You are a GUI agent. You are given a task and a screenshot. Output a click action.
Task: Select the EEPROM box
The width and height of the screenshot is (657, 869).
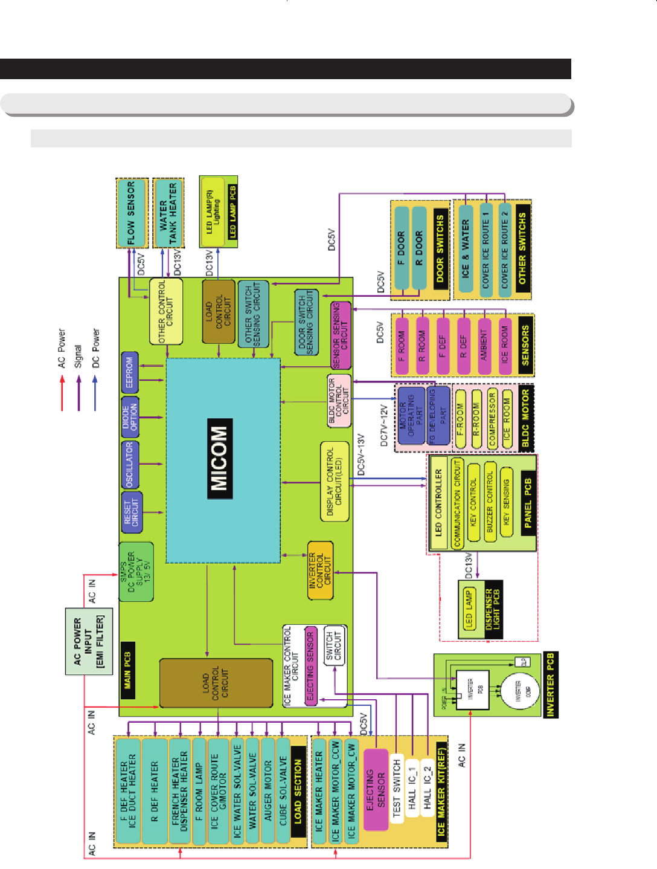click(130, 372)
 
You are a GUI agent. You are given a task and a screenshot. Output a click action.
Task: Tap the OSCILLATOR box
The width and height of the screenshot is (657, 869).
click(130, 464)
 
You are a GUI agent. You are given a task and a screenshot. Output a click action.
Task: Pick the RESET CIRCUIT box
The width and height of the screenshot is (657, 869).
click(132, 511)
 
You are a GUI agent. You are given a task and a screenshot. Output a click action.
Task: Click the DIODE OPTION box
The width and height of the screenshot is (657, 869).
click(130, 417)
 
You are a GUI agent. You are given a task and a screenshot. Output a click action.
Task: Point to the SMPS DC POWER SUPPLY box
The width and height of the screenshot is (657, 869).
click(136, 572)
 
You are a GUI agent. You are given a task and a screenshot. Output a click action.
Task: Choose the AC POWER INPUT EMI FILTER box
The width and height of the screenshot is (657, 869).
click(89, 641)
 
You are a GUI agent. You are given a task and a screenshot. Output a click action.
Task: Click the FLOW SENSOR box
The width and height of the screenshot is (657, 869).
click(132, 213)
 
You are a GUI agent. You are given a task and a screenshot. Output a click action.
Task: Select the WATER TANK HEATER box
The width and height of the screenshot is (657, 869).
click(168, 213)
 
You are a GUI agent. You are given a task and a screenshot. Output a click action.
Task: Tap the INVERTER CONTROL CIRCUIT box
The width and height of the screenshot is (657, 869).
click(320, 570)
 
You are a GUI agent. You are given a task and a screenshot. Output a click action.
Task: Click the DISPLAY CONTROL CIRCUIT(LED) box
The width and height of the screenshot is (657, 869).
click(335, 481)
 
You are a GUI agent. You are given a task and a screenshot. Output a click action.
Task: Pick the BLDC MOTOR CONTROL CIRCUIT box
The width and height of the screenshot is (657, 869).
click(339, 401)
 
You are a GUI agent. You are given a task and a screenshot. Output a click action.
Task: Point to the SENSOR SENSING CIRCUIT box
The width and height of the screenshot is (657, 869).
click(341, 335)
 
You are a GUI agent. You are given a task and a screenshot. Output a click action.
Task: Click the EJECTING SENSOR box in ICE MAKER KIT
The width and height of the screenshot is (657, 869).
click(376, 789)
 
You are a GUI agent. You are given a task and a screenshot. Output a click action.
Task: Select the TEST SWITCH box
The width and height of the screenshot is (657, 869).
click(397, 789)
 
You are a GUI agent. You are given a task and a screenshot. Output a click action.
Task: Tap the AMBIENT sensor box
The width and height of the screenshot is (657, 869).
click(484, 344)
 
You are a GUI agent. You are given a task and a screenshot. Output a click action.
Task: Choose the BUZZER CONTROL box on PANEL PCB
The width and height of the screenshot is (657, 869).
click(490, 502)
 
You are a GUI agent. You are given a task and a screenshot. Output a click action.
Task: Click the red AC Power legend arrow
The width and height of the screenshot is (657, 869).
click(62, 393)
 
